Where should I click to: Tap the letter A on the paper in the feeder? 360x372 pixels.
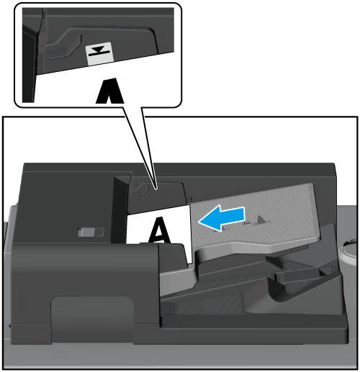160,230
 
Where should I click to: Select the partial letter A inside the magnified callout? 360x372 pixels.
110,91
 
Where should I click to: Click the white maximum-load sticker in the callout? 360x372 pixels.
99,54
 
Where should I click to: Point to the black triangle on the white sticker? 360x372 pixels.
99,50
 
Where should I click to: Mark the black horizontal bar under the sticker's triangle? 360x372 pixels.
99,53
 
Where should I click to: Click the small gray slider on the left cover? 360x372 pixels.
90,232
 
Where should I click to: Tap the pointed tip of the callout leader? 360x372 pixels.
156,189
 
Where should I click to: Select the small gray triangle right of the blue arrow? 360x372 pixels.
261,219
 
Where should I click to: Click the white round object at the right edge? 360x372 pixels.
348,252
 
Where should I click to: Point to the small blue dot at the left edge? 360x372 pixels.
10,326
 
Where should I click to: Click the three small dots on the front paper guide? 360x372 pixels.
166,251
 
